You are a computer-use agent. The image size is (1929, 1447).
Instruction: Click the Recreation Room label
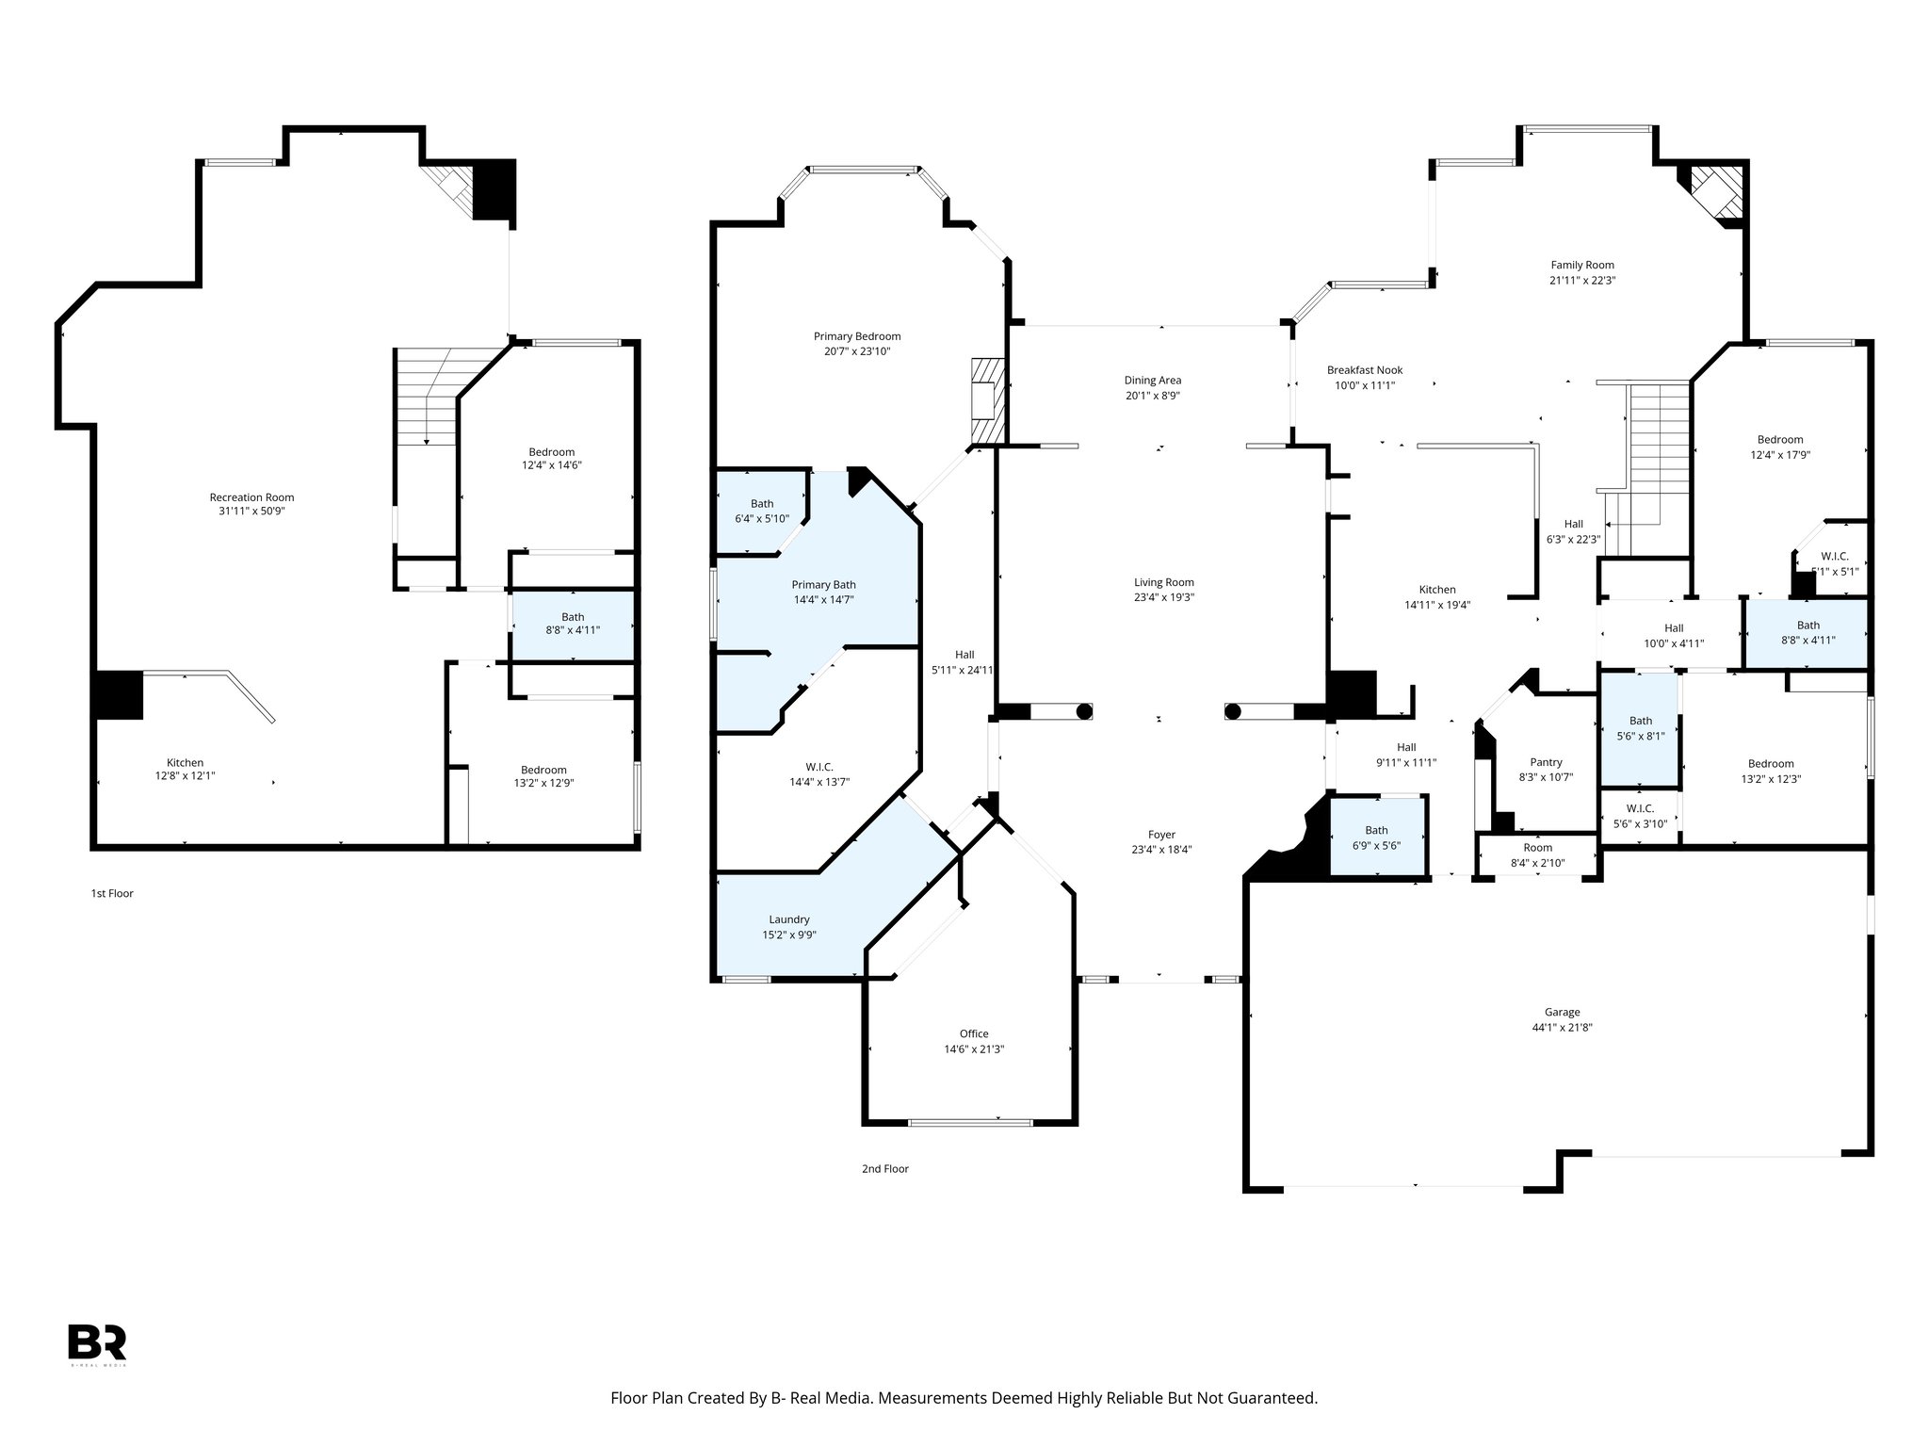(x=251, y=497)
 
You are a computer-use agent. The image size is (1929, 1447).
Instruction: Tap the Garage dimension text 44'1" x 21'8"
(x=1562, y=1028)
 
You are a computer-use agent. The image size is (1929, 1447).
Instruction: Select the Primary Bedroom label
(x=857, y=336)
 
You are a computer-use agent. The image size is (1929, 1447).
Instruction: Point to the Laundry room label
(x=789, y=919)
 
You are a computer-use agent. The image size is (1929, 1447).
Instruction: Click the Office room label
(x=974, y=1033)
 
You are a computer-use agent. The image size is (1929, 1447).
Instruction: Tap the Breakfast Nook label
(x=1365, y=370)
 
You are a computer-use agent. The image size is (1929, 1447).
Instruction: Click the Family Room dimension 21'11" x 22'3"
(x=1582, y=280)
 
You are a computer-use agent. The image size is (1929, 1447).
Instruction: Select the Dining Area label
(x=1152, y=381)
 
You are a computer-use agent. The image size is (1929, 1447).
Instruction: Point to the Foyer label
(x=1161, y=835)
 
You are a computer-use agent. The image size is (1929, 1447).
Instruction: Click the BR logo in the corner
(x=97, y=1342)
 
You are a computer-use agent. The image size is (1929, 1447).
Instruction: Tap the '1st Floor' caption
(x=112, y=893)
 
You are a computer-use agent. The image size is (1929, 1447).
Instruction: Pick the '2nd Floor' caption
(x=884, y=1169)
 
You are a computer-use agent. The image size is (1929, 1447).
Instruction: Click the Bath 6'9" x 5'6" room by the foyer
(x=1376, y=837)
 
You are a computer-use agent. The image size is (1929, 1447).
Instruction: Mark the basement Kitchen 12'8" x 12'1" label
(x=186, y=763)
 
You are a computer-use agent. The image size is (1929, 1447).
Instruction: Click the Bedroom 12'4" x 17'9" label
(x=1779, y=439)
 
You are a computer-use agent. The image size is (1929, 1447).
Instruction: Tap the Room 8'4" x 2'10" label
(x=1537, y=848)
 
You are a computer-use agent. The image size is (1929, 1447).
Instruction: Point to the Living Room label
(x=1164, y=582)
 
